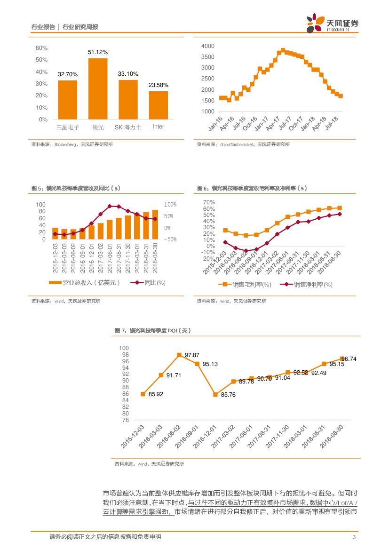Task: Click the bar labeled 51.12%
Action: coord(98,88)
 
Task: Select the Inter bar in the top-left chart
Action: coord(158,105)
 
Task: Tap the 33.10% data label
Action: coord(128,74)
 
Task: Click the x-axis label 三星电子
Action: coord(67,127)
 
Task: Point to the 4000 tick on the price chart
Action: coord(207,46)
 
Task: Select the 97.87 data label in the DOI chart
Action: coord(192,354)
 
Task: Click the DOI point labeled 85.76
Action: coord(215,394)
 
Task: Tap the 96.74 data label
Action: coord(349,359)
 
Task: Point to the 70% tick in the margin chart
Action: coord(208,202)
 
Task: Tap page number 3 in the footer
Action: coord(353,537)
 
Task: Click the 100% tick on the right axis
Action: coord(170,205)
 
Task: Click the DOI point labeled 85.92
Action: coord(143,394)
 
